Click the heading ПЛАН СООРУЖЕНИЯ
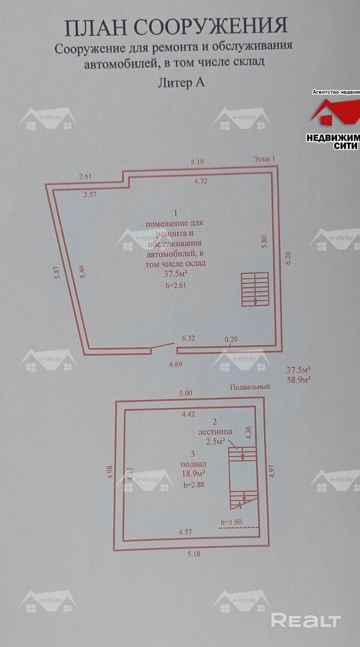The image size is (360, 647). pos(176,27)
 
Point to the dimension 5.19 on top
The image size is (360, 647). pos(198,162)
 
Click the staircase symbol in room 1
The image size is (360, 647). pos(254,289)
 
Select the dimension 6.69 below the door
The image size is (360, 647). pos(176,364)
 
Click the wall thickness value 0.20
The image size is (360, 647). pos(231,340)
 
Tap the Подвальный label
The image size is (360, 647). pos(250,387)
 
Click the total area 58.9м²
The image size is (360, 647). pos(301,380)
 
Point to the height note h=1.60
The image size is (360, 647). pos(231,522)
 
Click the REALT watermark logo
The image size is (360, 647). pos(305,621)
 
